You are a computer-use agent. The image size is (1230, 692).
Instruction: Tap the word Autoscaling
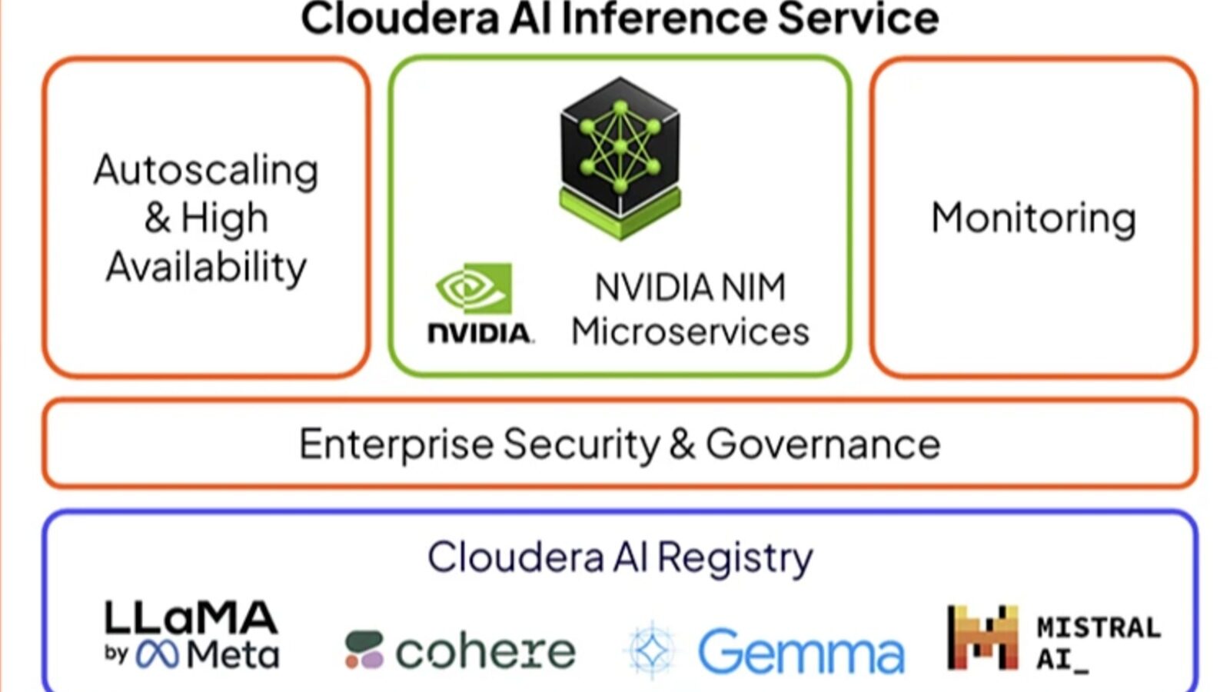[x=206, y=170]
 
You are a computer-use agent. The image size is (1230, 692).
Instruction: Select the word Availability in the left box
[x=206, y=267]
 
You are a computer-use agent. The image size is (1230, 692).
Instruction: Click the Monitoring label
[x=1033, y=218]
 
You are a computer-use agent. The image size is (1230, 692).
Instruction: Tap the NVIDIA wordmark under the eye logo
[x=480, y=333]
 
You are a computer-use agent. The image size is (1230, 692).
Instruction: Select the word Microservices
[x=690, y=332]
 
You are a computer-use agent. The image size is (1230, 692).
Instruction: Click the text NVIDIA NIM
[x=690, y=288]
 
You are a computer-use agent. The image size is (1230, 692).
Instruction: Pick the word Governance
[x=823, y=444]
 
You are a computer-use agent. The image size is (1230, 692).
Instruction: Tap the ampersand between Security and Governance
[x=682, y=444]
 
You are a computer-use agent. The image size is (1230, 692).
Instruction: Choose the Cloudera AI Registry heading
[x=620, y=557]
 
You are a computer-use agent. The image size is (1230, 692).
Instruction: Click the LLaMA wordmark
[x=191, y=617]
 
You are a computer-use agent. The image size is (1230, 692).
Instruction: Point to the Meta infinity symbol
[x=158, y=655]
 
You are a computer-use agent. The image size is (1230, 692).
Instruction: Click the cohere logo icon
[x=364, y=650]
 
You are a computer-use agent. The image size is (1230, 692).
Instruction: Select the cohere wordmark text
[x=485, y=652]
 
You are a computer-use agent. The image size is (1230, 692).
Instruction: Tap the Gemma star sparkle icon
[x=652, y=650]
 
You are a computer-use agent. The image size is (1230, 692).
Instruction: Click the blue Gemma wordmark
[x=800, y=652]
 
